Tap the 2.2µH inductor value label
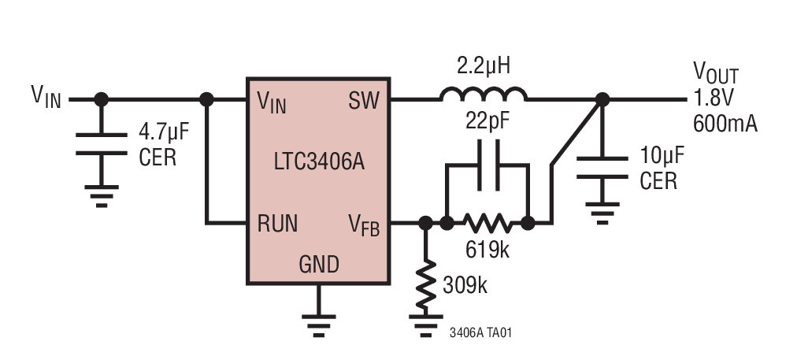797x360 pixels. [484, 66]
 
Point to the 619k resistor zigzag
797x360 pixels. [487, 223]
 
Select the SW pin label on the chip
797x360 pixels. [362, 101]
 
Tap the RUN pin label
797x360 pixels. [277, 224]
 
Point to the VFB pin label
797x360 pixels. [364, 225]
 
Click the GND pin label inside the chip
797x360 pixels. [318, 264]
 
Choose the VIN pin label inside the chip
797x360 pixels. [272, 102]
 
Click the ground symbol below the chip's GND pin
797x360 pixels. [318, 321]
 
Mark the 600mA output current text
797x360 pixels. [725, 123]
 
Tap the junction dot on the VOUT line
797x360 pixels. [602, 99]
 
